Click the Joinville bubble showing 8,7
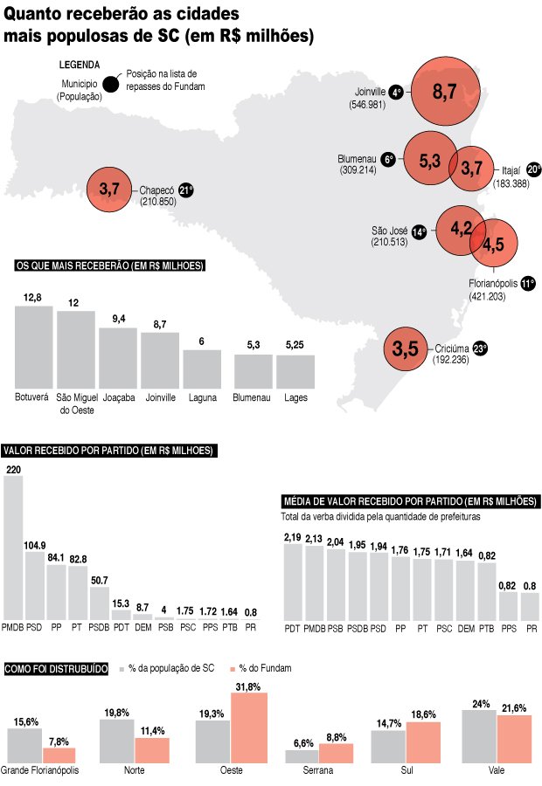(445, 91)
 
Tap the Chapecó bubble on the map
(109, 190)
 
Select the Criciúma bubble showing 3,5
(406, 350)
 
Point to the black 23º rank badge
(480, 348)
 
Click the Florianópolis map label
(494, 284)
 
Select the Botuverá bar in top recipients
(33, 348)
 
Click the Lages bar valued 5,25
(295, 371)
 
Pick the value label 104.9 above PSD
(35, 545)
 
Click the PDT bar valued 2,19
(293, 581)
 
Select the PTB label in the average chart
(488, 628)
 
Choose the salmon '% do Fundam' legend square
(233, 668)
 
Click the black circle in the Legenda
(111, 85)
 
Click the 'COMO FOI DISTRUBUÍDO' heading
(55, 668)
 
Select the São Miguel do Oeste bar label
(75, 403)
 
